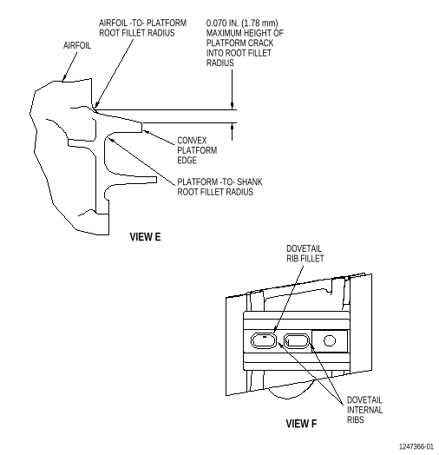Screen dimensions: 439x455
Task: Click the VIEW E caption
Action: [145, 237]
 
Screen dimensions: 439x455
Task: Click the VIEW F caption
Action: [301, 424]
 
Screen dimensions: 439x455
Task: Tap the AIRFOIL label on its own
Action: [77, 45]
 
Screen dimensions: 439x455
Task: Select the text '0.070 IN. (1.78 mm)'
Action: [242, 23]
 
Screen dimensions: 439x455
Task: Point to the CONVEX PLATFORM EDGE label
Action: [197, 150]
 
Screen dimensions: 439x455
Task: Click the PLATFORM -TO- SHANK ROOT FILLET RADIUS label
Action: [219, 187]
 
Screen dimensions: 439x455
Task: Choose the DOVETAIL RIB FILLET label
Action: [305, 254]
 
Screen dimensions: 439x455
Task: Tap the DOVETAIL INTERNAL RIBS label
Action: [364, 410]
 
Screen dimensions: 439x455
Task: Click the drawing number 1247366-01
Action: [416, 446]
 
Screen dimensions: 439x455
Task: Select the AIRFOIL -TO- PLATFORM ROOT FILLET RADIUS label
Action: [142, 28]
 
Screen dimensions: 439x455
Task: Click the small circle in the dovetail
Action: [330, 340]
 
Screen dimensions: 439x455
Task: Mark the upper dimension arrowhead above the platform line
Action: [232, 106]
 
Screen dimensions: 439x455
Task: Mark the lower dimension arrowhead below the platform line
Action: [232, 127]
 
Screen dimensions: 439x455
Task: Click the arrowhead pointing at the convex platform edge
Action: [147, 132]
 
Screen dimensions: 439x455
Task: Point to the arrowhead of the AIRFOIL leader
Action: [64, 77]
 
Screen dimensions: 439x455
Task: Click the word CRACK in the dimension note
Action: [259, 43]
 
